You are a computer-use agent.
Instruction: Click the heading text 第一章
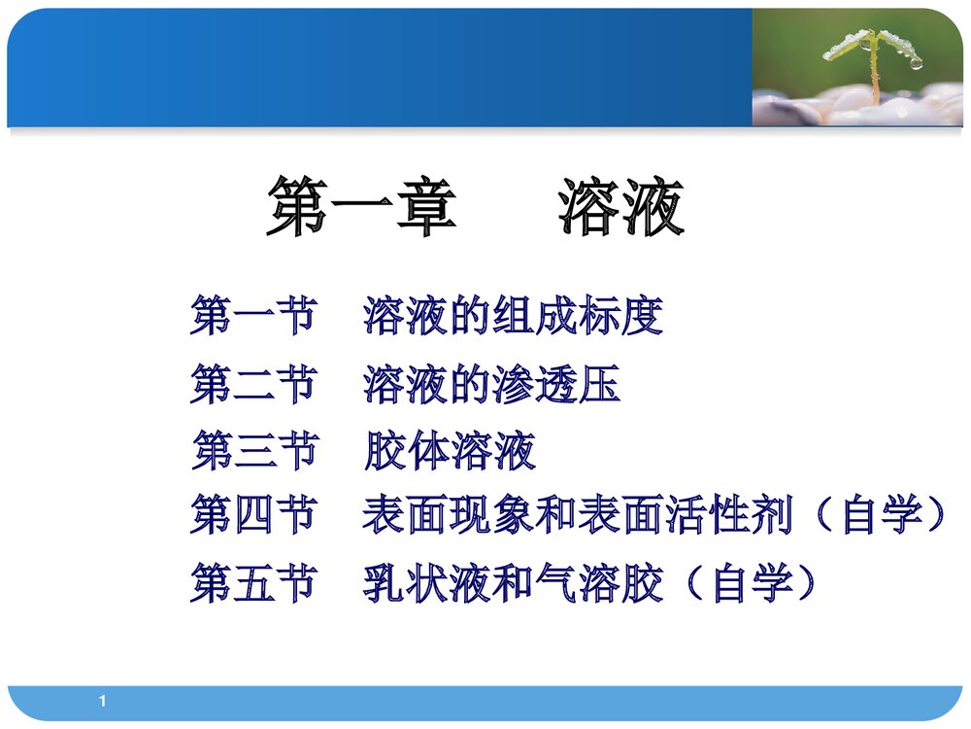(361, 207)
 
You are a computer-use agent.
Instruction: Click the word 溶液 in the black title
(620, 207)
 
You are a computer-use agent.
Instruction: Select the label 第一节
(253, 317)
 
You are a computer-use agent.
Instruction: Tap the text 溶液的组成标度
(514, 317)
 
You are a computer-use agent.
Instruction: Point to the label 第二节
(253, 385)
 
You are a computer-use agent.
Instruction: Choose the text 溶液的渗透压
(492, 385)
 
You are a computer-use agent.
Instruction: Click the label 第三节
(253, 451)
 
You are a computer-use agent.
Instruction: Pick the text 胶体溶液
(450, 451)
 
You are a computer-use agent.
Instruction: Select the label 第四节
(253, 514)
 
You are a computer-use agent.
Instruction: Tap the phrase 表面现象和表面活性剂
(578, 514)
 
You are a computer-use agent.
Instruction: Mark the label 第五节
(253, 583)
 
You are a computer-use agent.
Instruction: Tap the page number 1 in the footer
(103, 701)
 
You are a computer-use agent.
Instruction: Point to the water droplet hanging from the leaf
(916, 63)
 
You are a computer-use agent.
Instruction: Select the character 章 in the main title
(425, 207)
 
